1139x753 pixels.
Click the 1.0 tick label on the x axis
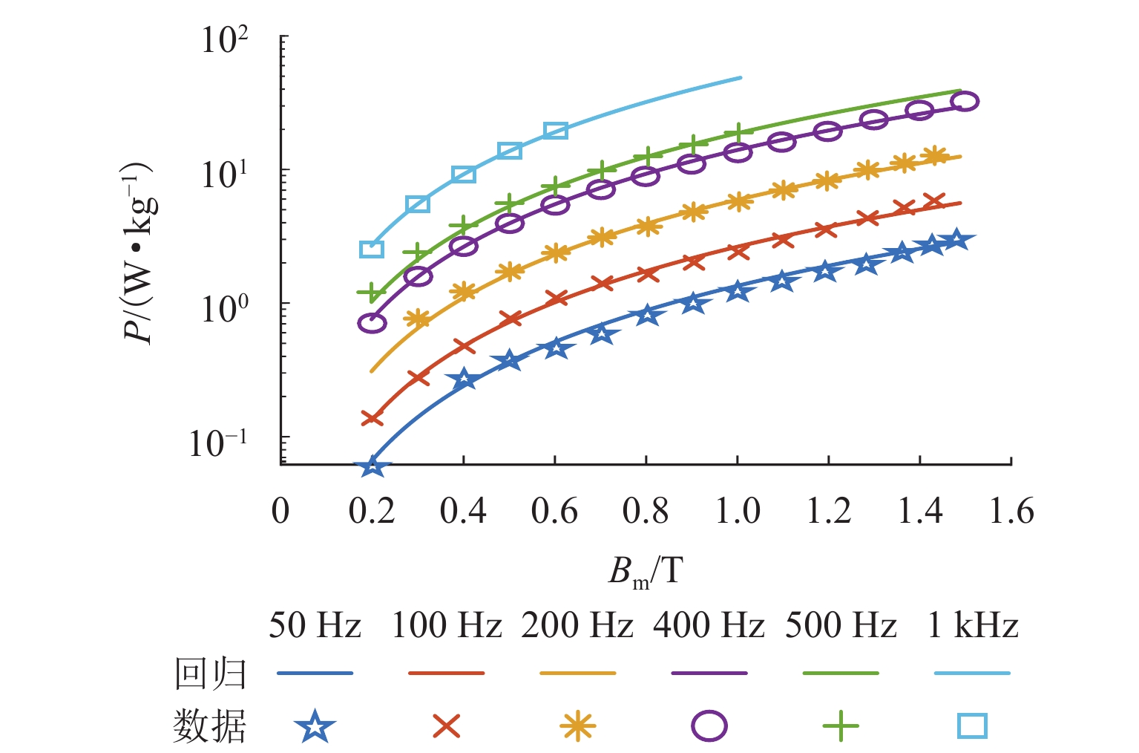click(x=737, y=511)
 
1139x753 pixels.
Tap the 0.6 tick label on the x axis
click(x=554, y=511)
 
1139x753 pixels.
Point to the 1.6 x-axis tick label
click(x=1011, y=511)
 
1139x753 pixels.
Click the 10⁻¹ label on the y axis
click(x=218, y=443)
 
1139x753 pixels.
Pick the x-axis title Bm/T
click(x=645, y=573)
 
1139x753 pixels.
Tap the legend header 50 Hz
click(x=315, y=625)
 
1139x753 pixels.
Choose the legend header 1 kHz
click(x=972, y=625)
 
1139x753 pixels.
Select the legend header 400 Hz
click(x=709, y=625)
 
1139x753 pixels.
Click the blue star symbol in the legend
click(x=315, y=726)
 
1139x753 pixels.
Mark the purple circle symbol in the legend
click(x=709, y=726)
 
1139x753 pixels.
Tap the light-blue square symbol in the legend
click(x=972, y=726)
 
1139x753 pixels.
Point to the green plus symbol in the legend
click(x=841, y=726)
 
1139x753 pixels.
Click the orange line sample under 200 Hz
click(x=577, y=674)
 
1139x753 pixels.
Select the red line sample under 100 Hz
click(x=446, y=674)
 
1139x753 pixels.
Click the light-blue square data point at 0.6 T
click(x=555, y=131)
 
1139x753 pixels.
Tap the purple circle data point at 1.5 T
click(x=965, y=102)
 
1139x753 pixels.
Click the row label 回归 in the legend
click(x=210, y=674)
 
